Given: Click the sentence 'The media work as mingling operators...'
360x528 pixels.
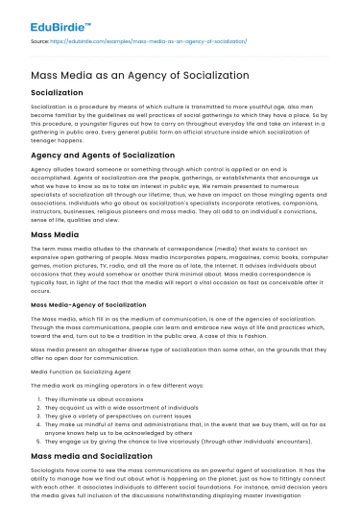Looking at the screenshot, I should [106, 381].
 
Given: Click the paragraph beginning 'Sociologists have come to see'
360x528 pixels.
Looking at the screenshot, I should [179, 481].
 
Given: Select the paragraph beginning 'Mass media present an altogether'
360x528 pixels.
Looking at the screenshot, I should [179, 348].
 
